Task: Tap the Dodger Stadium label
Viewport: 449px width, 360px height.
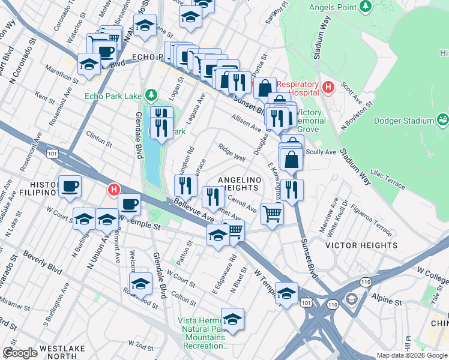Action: [403, 120]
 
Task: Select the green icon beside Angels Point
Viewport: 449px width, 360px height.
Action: [364, 7]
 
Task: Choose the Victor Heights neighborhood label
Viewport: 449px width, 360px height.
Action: [352, 245]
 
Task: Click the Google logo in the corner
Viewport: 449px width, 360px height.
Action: [20, 353]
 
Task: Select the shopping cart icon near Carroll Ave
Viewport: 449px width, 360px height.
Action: [273, 212]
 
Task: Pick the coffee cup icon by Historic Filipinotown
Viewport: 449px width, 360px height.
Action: [70, 186]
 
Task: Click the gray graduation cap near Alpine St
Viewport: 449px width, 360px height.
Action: [351, 298]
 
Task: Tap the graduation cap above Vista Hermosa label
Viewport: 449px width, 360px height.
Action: [232, 317]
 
